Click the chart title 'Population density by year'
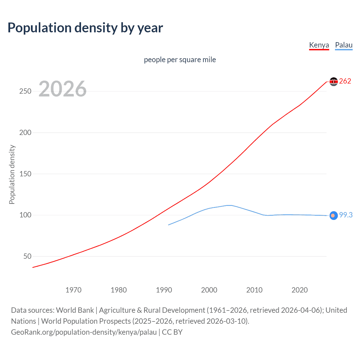85,28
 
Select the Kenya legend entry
319,45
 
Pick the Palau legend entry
344,45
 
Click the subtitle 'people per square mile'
180,60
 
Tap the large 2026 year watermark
62,89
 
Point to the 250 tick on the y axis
25,91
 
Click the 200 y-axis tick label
25,132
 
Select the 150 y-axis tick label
25,174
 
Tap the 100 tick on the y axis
25,215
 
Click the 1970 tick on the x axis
73,290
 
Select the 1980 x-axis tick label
119,290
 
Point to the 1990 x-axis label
164,290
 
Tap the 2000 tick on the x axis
209,290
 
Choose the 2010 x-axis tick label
254,290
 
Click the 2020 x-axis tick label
300,290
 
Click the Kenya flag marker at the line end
334,82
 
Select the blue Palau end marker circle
334,215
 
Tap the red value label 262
345,81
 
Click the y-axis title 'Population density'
12,174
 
